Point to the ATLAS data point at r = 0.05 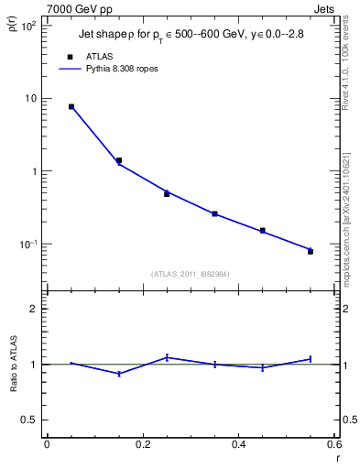[71, 106]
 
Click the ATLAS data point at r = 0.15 [119, 160]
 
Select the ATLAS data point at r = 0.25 [167, 193]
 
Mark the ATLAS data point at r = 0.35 [214, 213]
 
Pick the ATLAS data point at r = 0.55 [311, 251]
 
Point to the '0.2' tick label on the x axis [142, 444]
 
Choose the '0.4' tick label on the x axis [238, 444]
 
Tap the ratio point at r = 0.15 [119, 374]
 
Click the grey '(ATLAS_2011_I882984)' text [191, 273]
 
